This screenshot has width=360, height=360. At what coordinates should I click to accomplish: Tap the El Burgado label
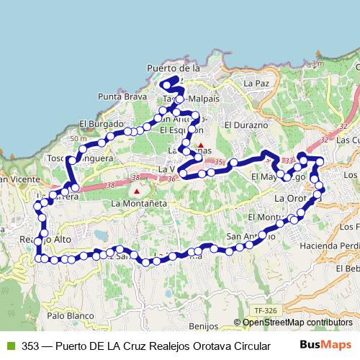98,123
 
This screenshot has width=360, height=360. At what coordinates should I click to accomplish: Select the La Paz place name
256,84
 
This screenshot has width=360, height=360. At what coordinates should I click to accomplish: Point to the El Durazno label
246,125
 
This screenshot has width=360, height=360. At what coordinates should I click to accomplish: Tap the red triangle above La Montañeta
137,192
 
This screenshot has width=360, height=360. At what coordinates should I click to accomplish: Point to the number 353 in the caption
30,344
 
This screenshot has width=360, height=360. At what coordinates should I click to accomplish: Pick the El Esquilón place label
181,130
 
